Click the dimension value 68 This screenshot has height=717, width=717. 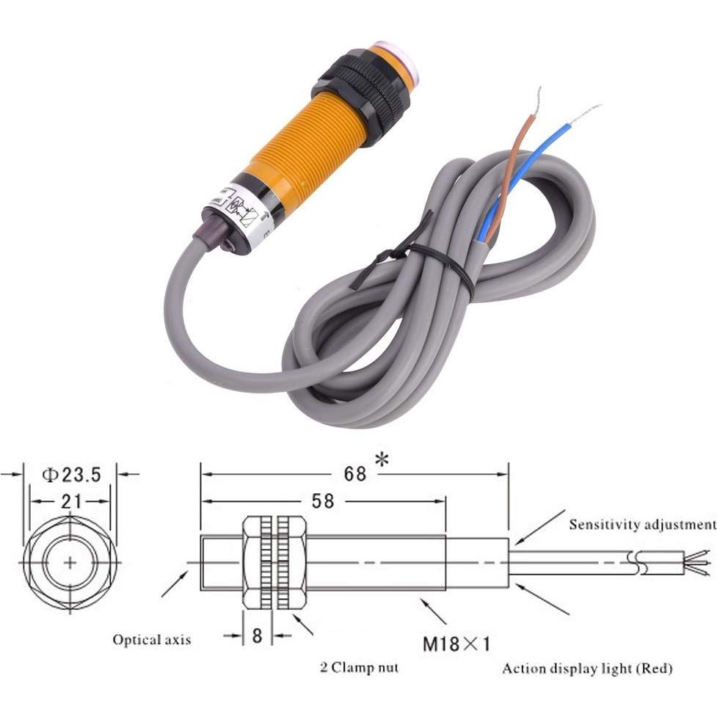point(354,473)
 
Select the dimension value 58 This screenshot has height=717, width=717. point(322,501)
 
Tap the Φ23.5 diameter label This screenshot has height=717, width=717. point(71,475)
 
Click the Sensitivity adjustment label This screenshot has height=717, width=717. point(641,524)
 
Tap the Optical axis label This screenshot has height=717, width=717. point(151,639)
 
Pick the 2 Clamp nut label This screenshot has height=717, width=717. point(359,667)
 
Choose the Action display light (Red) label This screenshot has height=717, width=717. point(587,668)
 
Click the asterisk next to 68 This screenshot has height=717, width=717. point(382,461)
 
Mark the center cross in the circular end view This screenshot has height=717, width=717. point(70,563)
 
